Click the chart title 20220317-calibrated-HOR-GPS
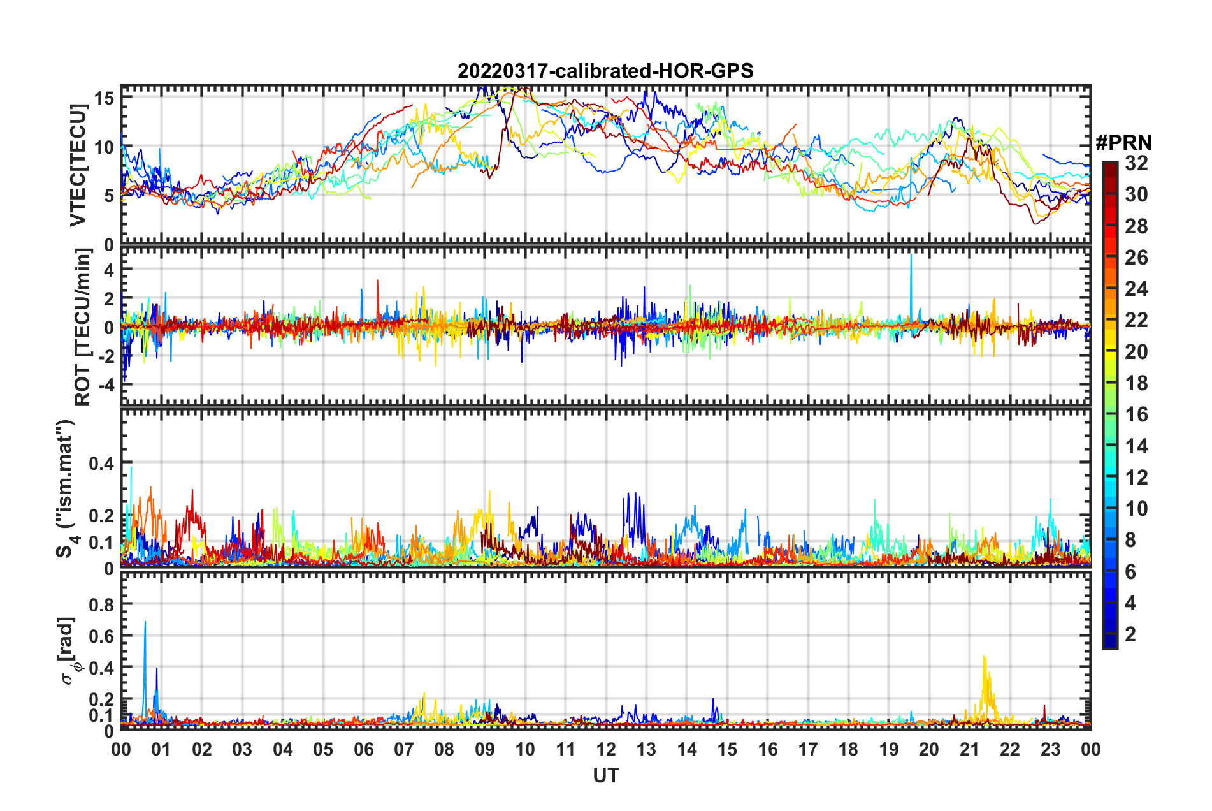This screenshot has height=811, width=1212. tap(605, 71)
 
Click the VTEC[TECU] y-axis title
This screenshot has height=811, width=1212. tap(78, 165)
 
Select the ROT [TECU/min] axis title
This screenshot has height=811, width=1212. tap(83, 327)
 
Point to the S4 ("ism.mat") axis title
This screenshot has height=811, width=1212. tap(66, 489)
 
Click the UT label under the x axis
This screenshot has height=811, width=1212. tap(605, 775)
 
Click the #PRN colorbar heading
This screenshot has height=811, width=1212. tap(1123, 143)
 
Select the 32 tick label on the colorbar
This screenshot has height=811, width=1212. tap(1136, 164)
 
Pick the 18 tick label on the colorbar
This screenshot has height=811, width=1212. tap(1136, 383)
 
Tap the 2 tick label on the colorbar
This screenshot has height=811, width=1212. tap(1130, 634)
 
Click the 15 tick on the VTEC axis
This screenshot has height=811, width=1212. tap(105, 98)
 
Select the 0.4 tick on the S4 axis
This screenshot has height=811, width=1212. tap(101, 463)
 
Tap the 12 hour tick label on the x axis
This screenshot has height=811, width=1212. tap(606, 749)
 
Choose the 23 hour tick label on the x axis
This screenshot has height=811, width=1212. tap(1050, 749)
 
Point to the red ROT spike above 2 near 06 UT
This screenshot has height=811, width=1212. tap(378, 282)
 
